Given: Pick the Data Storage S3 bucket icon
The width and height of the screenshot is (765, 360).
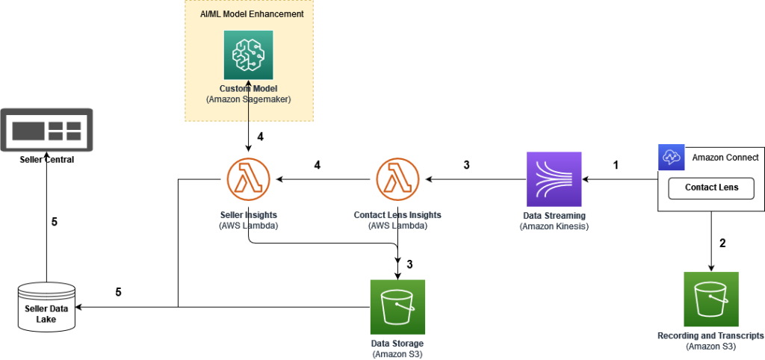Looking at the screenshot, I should point(397,307).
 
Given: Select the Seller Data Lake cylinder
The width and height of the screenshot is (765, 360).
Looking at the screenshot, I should point(46,307).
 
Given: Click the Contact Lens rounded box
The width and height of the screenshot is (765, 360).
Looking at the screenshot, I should point(711,187).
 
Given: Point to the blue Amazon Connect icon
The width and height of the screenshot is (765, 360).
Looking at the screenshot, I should point(670,158).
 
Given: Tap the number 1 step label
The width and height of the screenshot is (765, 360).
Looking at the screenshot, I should point(616,165).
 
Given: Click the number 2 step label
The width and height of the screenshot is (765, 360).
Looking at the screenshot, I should point(722,243).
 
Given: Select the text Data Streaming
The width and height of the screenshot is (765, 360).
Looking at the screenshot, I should point(554,215).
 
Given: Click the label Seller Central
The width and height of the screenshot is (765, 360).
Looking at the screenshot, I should point(46,160).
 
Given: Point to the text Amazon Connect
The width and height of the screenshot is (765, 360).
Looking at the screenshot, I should point(725,158).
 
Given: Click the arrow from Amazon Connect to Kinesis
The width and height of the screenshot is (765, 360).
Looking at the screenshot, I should point(620,179).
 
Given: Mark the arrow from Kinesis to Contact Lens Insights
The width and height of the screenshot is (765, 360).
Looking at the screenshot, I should point(474,179).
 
